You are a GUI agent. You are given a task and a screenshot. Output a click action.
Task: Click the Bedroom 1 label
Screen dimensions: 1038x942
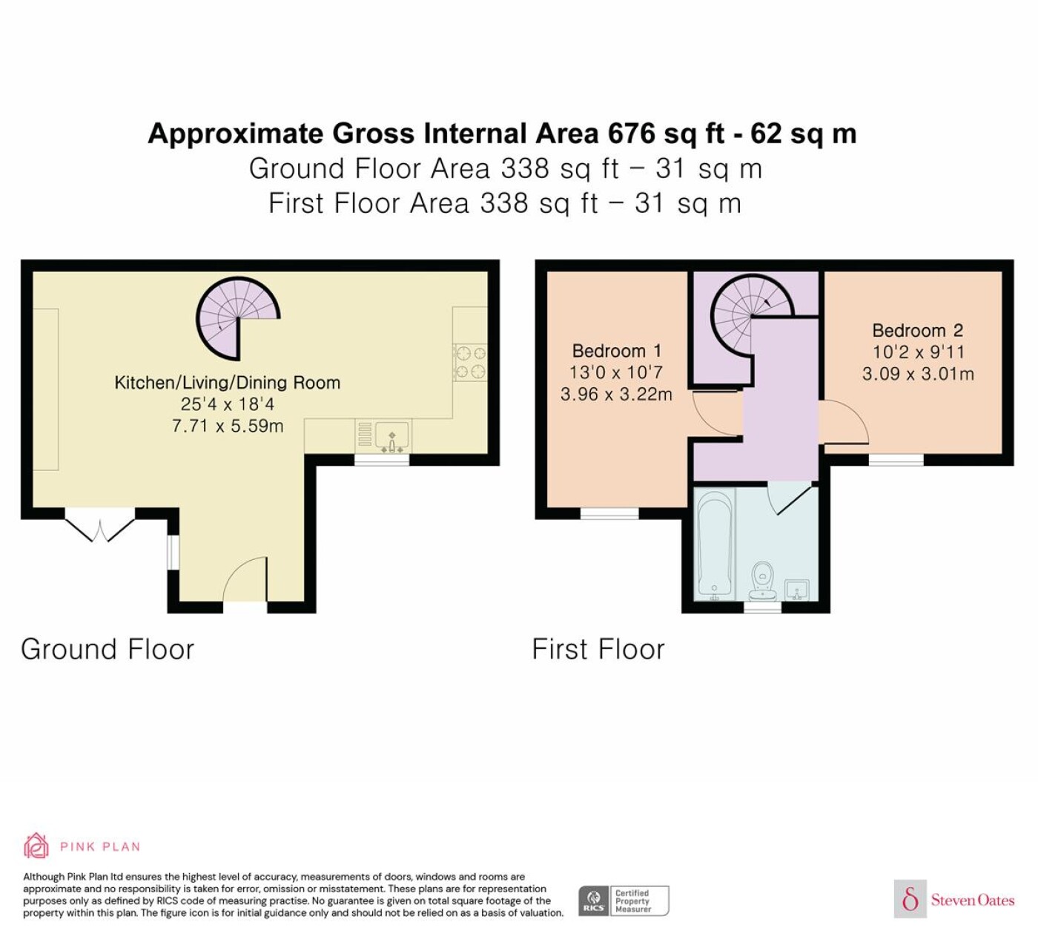(617, 351)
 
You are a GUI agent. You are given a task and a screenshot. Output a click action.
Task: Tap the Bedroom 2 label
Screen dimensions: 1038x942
(917, 330)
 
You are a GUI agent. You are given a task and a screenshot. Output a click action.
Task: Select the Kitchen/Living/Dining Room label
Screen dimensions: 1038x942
(227, 383)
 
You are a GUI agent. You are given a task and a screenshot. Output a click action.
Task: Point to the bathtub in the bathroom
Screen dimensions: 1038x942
(716, 544)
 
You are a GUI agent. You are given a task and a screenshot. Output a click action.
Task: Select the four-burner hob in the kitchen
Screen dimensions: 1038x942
(470, 363)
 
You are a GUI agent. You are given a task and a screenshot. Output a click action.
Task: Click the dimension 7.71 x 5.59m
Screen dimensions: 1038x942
(228, 426)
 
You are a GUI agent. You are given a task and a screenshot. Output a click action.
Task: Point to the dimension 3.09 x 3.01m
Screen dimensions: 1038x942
(918, 374)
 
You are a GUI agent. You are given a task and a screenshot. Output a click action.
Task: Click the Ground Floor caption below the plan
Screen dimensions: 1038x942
(108, 649)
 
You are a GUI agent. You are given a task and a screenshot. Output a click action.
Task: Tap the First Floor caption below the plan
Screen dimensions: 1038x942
(598, 649)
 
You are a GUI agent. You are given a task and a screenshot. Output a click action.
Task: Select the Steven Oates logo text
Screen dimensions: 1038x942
(973, 900)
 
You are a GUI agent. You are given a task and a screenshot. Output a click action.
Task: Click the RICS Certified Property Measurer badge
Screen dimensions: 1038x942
(624, 900)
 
